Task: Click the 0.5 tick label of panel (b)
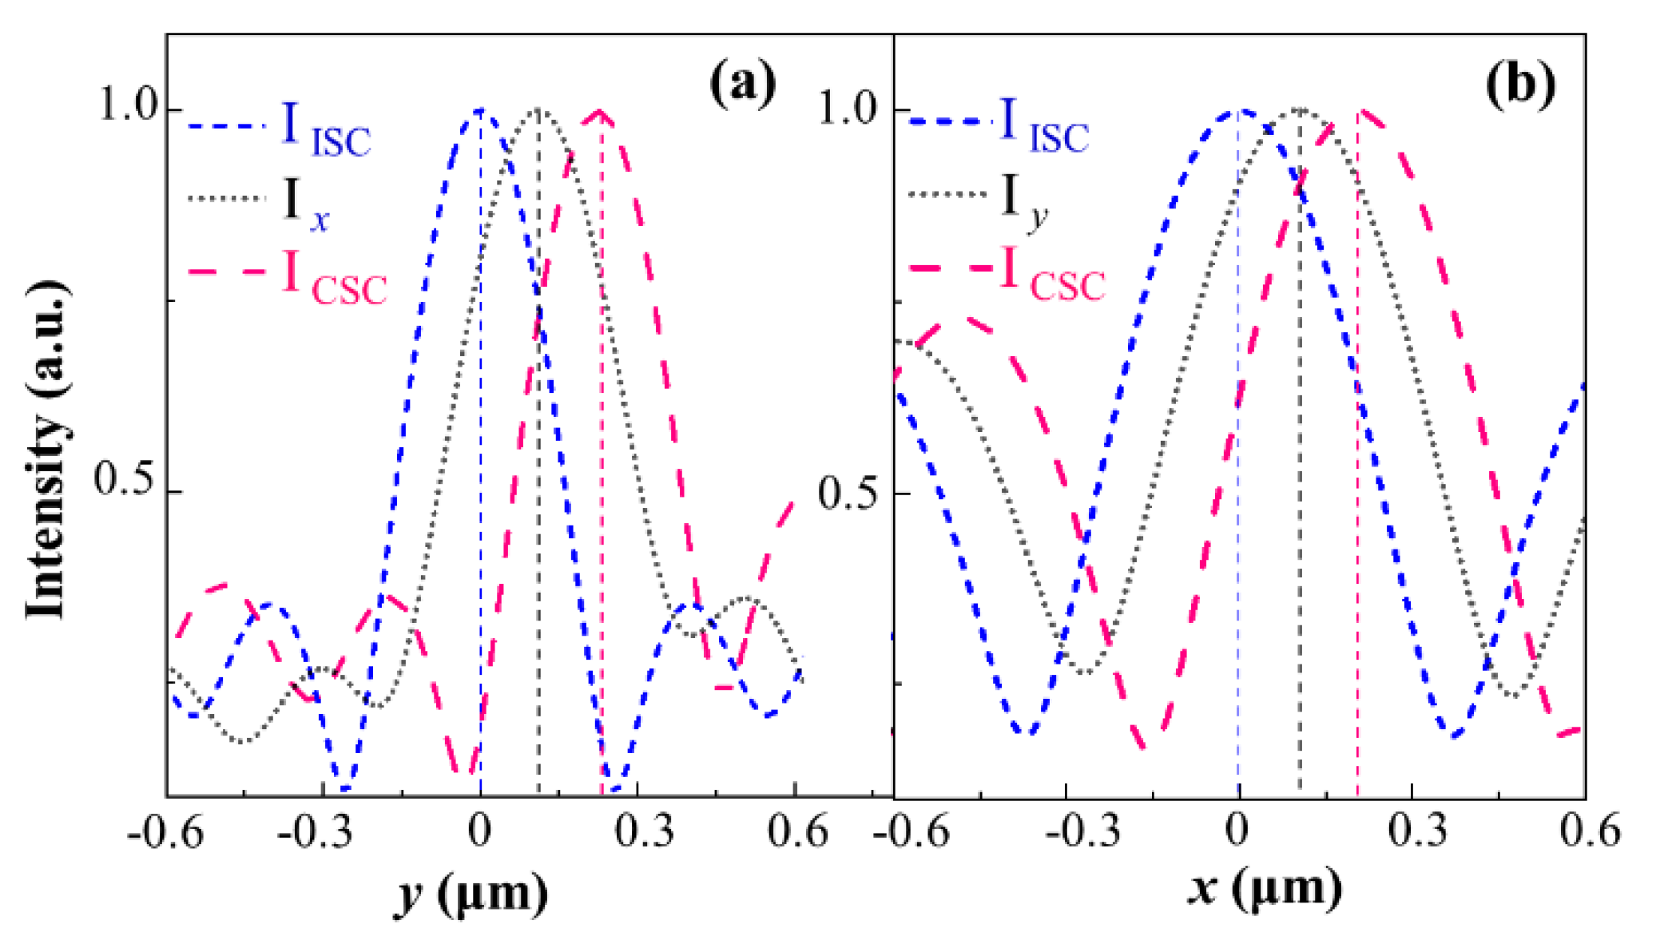click(x=846, y=493)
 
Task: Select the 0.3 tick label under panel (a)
click(x=643, y=831)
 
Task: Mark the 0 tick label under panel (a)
click(x=479, y=831)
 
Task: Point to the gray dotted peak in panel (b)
click(x=1300, y=109)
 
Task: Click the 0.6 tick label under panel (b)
click(x=1589, y=831)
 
